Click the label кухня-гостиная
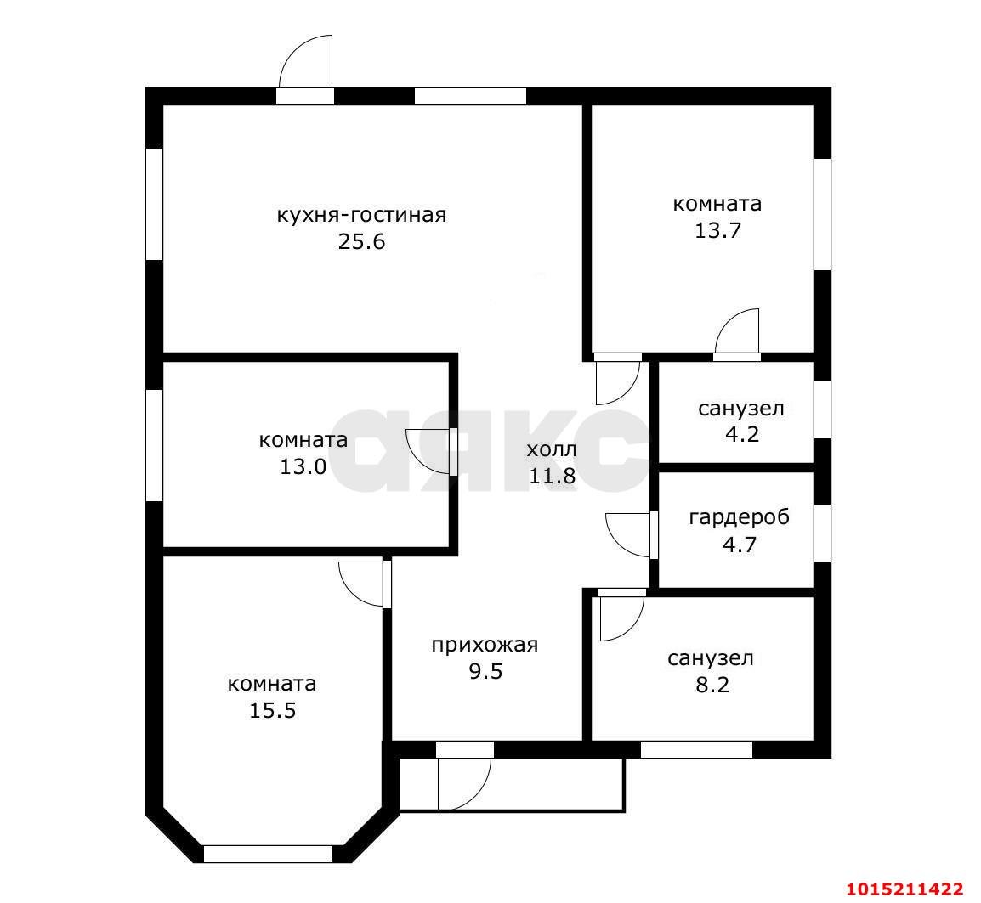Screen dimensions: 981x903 coord(361,216)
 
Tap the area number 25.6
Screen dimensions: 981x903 coord(361,241)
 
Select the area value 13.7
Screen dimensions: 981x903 coord(717,231)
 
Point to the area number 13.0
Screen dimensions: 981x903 coord(303,466)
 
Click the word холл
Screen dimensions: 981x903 coord(552,449)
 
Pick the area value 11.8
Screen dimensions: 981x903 coord(552,476)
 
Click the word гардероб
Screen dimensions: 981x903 coord(740,518)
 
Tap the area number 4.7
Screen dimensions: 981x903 coord(740,545)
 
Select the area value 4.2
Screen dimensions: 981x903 coord(742,434)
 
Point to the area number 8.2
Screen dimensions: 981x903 coord(712,685)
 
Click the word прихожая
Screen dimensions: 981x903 coord(485,645)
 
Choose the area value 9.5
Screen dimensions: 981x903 coord(485,671)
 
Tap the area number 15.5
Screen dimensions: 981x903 coord(273,710)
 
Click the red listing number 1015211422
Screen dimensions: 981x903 coord(904,889)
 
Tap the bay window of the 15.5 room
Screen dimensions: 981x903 coord(268,854)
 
